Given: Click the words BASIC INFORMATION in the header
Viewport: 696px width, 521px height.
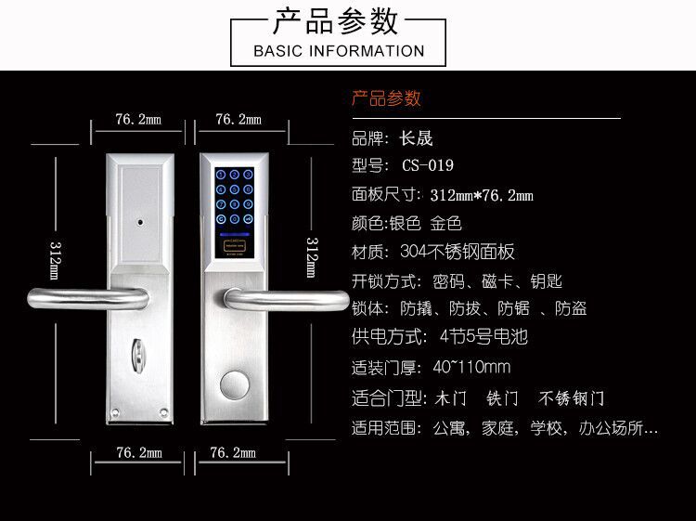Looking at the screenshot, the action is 339,50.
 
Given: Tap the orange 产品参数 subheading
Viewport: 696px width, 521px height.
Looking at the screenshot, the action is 386,98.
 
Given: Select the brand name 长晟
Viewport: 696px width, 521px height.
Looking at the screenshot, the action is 416,140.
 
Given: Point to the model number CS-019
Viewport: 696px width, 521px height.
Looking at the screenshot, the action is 428,167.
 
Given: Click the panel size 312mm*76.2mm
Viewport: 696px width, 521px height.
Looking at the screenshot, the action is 482,195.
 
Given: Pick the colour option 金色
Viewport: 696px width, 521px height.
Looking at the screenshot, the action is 446,224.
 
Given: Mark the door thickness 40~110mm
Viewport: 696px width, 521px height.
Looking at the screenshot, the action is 471,366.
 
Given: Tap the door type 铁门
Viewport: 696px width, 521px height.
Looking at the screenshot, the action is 502,398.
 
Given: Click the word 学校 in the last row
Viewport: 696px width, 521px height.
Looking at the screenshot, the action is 547,429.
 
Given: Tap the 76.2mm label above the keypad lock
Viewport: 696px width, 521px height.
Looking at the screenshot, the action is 238,120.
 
